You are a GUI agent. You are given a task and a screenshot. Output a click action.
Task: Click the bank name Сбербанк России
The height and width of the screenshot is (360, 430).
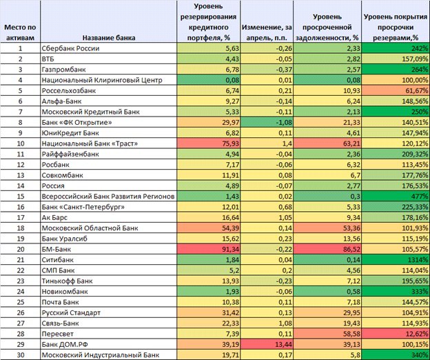pos(70,48)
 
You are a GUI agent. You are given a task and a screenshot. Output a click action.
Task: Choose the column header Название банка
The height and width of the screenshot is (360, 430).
pos(109,38)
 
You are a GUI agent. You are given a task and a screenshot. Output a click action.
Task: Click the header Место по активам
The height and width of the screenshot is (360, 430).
pos(20,32)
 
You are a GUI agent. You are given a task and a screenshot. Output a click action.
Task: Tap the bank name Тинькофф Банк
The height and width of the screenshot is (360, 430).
pos(68,281)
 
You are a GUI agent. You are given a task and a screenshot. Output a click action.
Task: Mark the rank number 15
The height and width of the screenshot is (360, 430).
pos(21,196)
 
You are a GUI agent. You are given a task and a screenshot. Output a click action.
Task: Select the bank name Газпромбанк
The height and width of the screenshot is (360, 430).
pos(63,70)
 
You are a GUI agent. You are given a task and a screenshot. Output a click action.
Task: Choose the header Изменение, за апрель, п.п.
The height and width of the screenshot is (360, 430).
pos(267,32)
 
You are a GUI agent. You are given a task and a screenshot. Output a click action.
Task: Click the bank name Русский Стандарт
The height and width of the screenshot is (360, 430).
pos(71,312)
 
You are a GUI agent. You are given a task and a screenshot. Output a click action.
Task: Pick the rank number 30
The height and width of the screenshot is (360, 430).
pos(21,354)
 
